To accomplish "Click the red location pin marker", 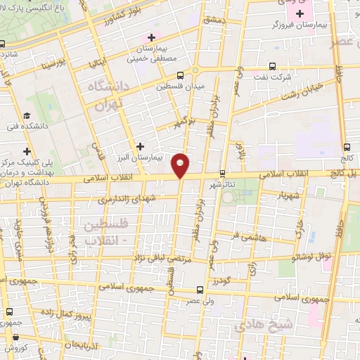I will pyautogui.click(x=181, y=165).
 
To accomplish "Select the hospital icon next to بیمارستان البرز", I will pyautogui.click(x=141, y=146).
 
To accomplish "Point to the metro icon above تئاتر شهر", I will pyautogui.click(x=223, y=172).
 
